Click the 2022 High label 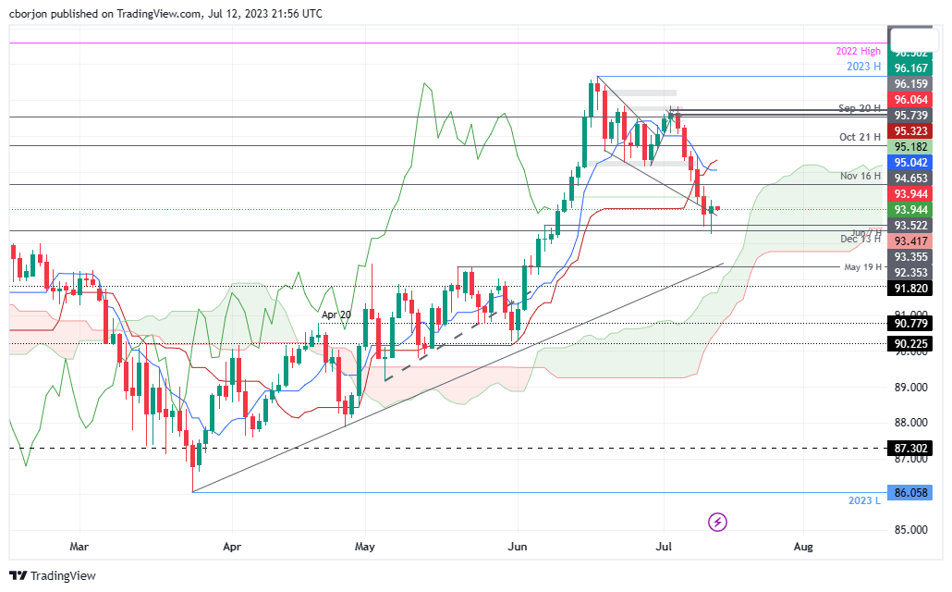pyautogui.click(x=858, y=52)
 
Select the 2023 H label pyautogui.click(x=863, y=67)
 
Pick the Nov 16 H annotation pyautogui.click(x=860, y=175)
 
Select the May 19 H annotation pyautogui.click(x=862, y=267)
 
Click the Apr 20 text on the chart pyautogui.click(x=336, y=314)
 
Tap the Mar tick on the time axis pyautogui.click(x=80, y=547)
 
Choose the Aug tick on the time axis pyautogui.click(x=804, y=547)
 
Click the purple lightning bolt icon pyautogui.click(x=718, y=523)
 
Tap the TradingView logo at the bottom pyautogui.click(x=53, y=575)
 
